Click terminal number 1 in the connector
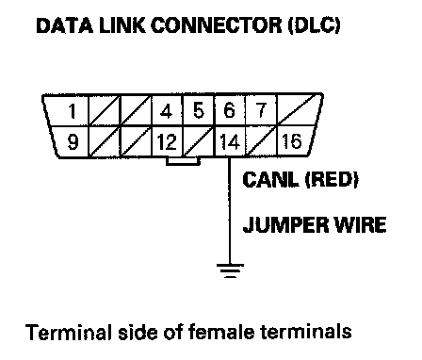pyautogui.click(x=73, y=111)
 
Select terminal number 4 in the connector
pyautogui.click(x=166, y=111)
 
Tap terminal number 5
pyautogui.click(x=198, y=110)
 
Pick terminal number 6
pyautogui.click(x=229, y=110)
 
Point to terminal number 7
pyautogui.click(x=261, y=110)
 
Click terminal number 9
pyautogui.click(x=73, y=141)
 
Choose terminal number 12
pyautogui.click(x=167, y=142)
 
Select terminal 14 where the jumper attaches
pyautogui.click(x=230, y=141)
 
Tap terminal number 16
pyautogui.click(x=292, y=141)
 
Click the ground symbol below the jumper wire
pyautogui.click(x=230, y=270)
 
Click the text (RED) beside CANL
pyautogui.click(x=332, y=179)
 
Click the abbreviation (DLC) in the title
pyautogui.click(x=315, y=25)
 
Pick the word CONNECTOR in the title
pyautogui.click(x=217, y=25)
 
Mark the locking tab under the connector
pyautogui.click(x=183, y=161)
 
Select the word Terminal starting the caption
pyautogui.click(x=69, y=332)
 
